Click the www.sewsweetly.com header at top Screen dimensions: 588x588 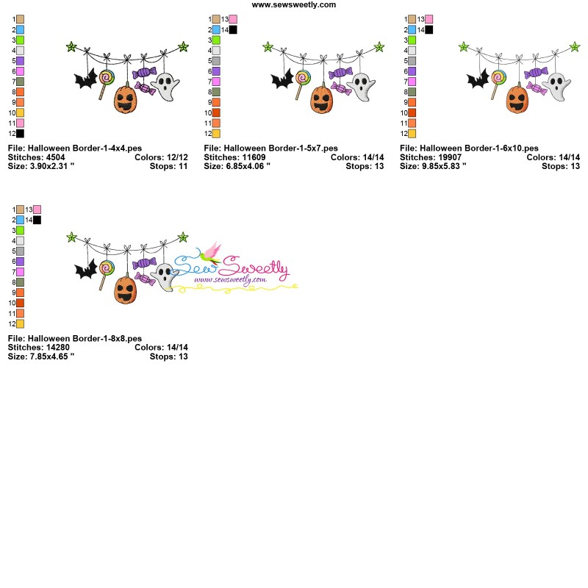pos(294,4)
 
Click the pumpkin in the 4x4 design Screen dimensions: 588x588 pos(126,98)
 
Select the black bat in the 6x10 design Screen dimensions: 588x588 pos(478,79)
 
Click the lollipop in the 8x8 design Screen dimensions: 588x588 pos(107,269)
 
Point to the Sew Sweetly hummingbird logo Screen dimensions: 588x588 pos(213,254)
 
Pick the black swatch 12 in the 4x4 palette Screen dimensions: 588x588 pos(20,134)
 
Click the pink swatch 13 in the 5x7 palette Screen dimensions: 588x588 pos(233,19)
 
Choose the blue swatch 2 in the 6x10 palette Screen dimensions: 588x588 pos(412,29)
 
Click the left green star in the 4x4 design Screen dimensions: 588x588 pos(71,47)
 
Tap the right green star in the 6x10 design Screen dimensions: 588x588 pos(575,47)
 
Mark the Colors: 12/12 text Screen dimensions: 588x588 pos(161,157)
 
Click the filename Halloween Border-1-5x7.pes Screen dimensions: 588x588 pos(270,148)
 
